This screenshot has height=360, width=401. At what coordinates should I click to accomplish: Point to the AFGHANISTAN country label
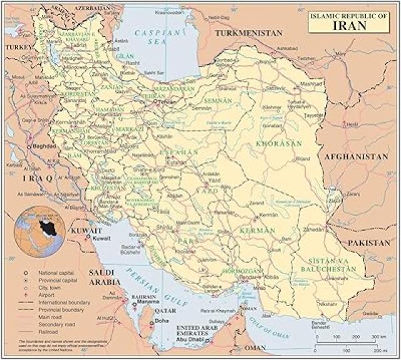click(356, 157)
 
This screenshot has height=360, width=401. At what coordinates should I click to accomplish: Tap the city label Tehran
click(165, 102)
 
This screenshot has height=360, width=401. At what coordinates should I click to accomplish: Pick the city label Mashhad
click(311, 83)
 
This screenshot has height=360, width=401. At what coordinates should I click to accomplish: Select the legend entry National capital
click(56, 273)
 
